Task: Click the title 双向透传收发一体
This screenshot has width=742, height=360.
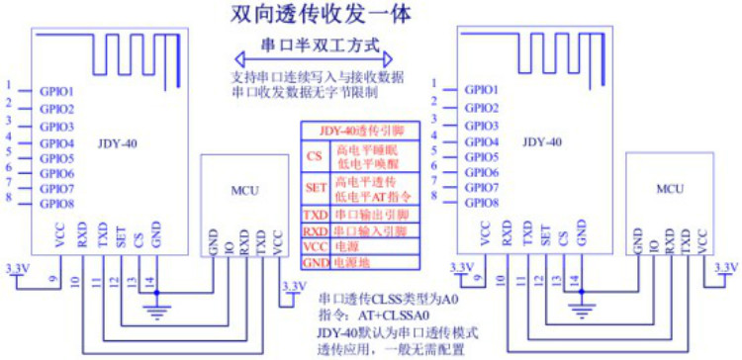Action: point(319,15)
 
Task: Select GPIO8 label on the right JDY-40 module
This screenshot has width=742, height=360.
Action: point(482,202)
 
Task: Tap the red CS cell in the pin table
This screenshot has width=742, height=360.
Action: point(314,156)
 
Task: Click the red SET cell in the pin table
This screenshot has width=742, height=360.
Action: point(314,187)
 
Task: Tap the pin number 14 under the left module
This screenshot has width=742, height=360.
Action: point(148,281)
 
